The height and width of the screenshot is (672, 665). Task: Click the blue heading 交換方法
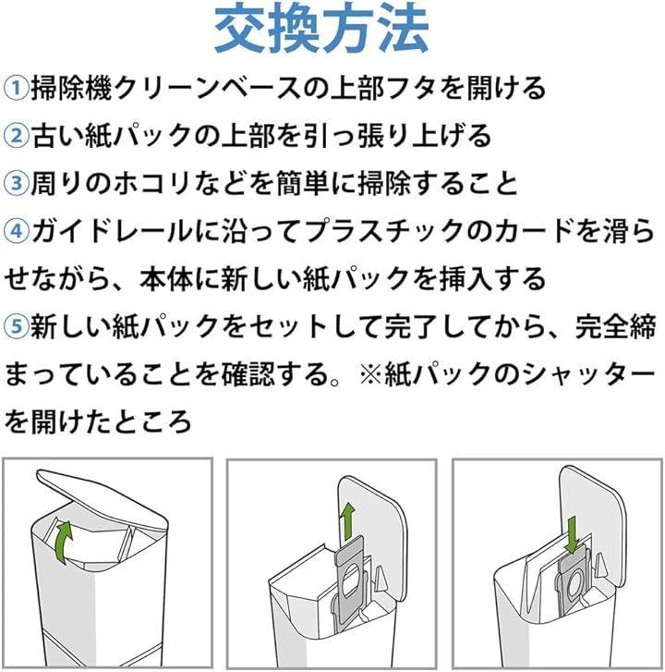pos(321,30)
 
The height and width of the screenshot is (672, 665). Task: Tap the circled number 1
pos(16,88)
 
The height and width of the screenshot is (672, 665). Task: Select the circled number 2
pos(16,136)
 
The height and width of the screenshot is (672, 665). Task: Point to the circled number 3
pos(16,183)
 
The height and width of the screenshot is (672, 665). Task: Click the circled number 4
pos(16,231)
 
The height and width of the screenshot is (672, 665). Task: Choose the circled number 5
pos(16,326)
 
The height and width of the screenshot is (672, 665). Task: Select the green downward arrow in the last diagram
pos(572,536)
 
